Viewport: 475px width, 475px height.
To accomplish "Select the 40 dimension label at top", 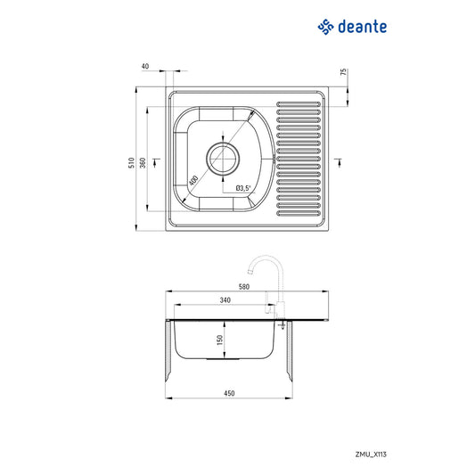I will [145, 66].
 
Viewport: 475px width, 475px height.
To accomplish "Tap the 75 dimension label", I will [344, 72].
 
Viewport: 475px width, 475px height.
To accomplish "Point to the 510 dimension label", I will [130, 162].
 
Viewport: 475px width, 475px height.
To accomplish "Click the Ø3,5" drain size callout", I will [243, 188].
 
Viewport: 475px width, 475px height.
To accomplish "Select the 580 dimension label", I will [244, 287].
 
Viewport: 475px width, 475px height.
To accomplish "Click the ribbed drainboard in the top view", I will [299, 159].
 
